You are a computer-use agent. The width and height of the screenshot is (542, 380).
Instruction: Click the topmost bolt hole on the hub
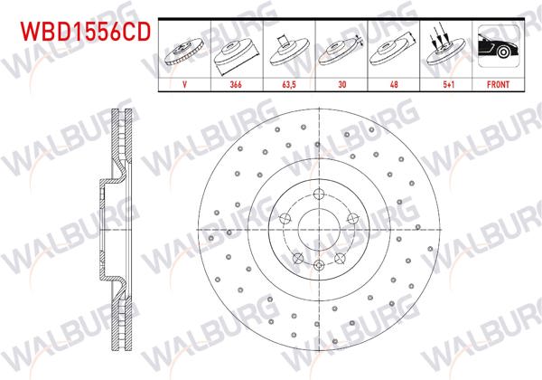(x=320, y=194)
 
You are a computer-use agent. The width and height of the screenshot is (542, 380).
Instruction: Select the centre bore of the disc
(x=320, y=228)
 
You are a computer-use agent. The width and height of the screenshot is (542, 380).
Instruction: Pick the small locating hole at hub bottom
(x=320, y=263)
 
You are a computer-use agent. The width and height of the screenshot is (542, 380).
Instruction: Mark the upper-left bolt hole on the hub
(x=286, y=217)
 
